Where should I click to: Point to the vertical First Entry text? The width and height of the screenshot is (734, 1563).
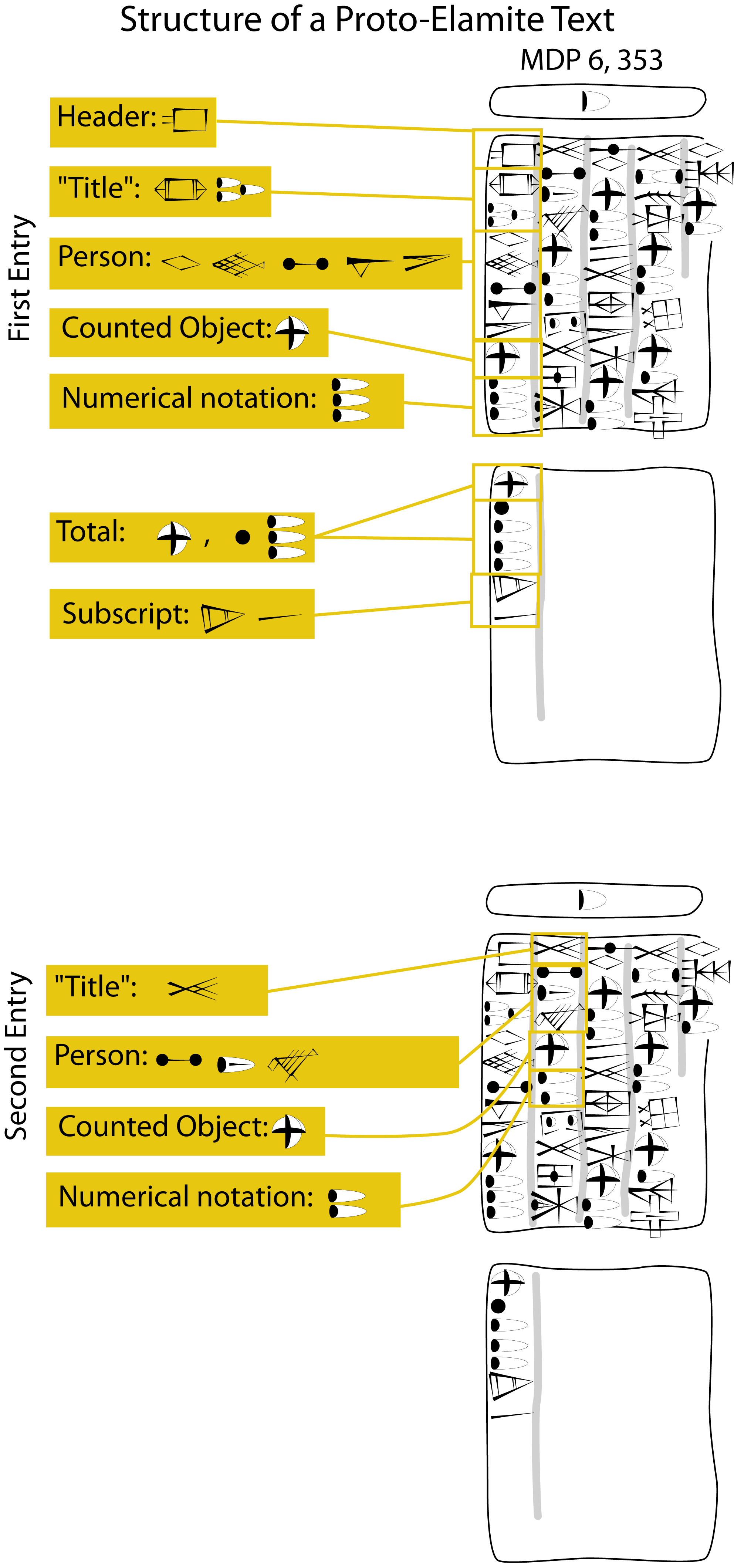[x=20, y=278]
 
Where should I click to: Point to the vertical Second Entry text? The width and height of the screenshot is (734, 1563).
[x=17, y=1056]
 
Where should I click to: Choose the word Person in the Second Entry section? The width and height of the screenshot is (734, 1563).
[x=101, y=1056]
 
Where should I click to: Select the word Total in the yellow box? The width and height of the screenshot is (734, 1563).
[x=91, y=531]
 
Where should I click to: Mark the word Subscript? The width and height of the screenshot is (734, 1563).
[x=126, y=614]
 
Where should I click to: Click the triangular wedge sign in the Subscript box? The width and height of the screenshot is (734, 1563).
[x=221, y=618]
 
